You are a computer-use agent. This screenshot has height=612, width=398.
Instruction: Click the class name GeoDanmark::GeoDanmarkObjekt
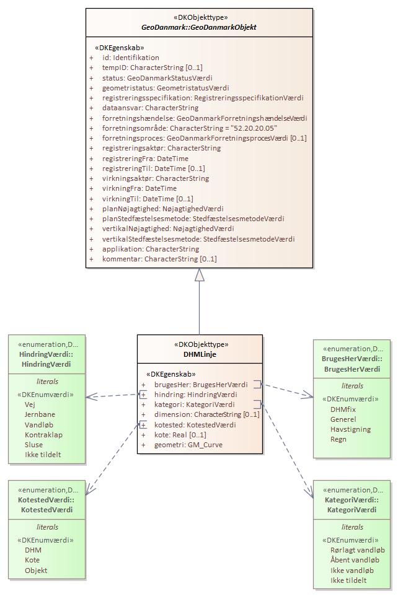[199, 27]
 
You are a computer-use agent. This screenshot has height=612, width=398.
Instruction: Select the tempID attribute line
[152, 68]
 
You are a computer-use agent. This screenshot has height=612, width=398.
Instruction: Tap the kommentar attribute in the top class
[159, 259]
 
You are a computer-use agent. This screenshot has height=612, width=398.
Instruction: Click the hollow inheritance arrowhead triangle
[199, 275]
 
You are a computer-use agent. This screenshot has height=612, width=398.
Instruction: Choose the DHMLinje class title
[200, 354]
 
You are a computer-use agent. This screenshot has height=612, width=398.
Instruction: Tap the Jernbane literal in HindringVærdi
[40, 414]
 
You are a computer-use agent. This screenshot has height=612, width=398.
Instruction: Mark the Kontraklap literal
[43, 435]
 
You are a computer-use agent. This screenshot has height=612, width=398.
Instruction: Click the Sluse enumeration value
[33, 445]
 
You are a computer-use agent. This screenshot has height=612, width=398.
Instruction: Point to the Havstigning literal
[350, 429]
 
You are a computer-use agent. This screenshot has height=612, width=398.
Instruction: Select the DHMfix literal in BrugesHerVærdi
[343, 409]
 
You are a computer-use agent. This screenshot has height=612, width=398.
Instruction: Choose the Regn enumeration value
[338, 439]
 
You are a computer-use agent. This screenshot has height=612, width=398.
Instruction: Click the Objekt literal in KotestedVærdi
[36, 570]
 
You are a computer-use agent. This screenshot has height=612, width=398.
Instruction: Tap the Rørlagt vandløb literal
[357, 550]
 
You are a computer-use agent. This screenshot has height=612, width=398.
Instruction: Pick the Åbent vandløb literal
[355, 560]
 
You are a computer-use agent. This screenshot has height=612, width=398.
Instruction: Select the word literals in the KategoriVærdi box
[352, 527]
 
